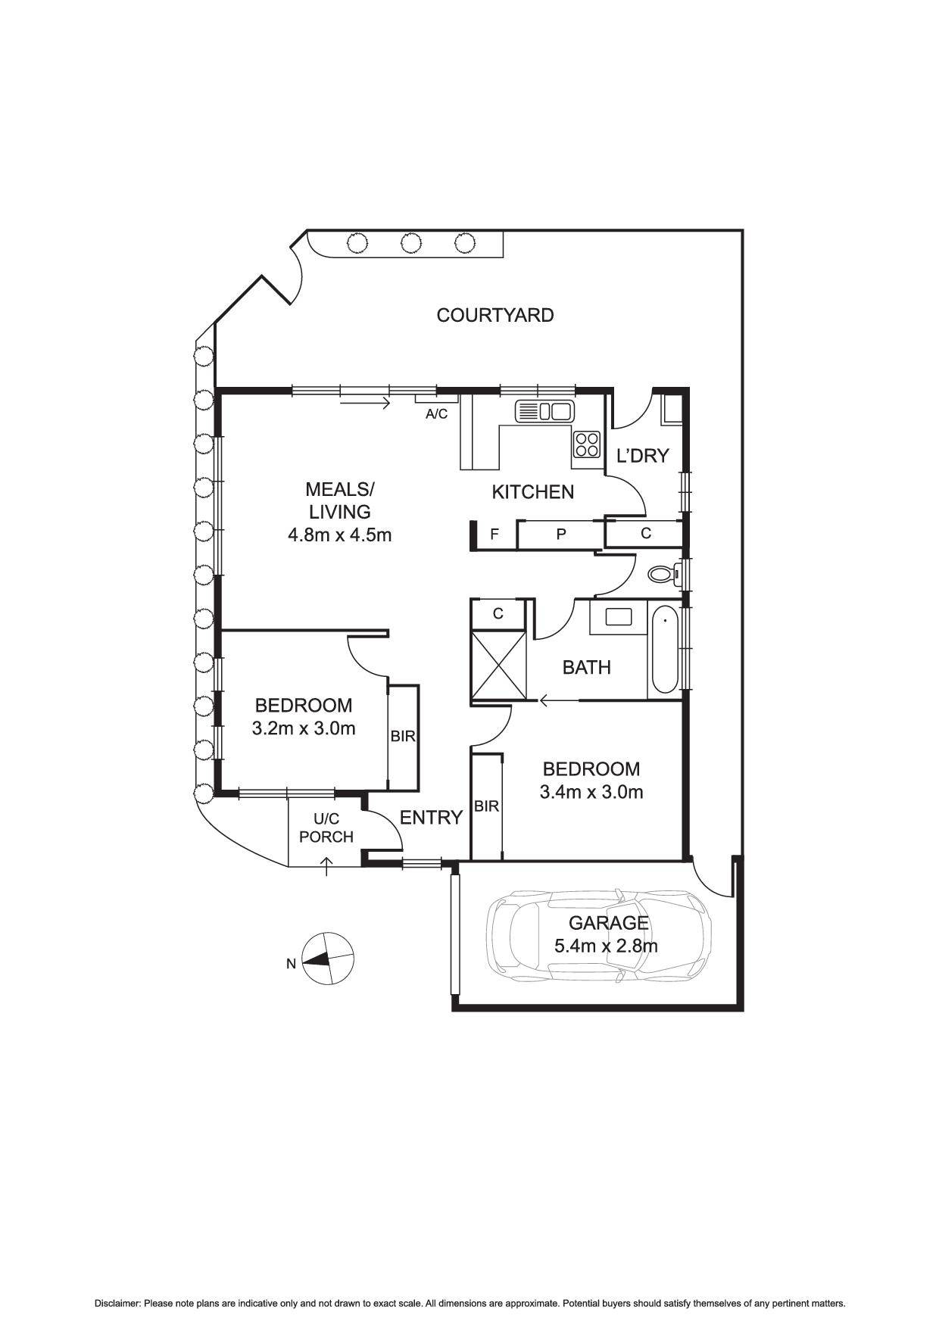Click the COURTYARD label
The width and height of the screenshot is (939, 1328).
[494, 315]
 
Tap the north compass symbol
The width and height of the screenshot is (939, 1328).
[327, 959]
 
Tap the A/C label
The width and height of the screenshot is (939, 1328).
[436, 414]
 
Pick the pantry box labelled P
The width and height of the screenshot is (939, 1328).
[561, 534]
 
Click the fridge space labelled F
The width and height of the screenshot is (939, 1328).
[494, 534]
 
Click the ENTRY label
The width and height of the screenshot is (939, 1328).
[431, 817]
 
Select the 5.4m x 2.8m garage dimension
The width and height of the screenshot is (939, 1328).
[606, 946]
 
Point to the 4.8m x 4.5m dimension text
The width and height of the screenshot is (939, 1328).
[339, 535]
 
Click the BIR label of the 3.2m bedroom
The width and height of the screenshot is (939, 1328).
[403, 735]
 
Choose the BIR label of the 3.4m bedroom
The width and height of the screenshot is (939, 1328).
[486, 806]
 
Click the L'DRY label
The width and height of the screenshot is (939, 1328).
[642, 456]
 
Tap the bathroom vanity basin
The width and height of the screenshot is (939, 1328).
[618, 616]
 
